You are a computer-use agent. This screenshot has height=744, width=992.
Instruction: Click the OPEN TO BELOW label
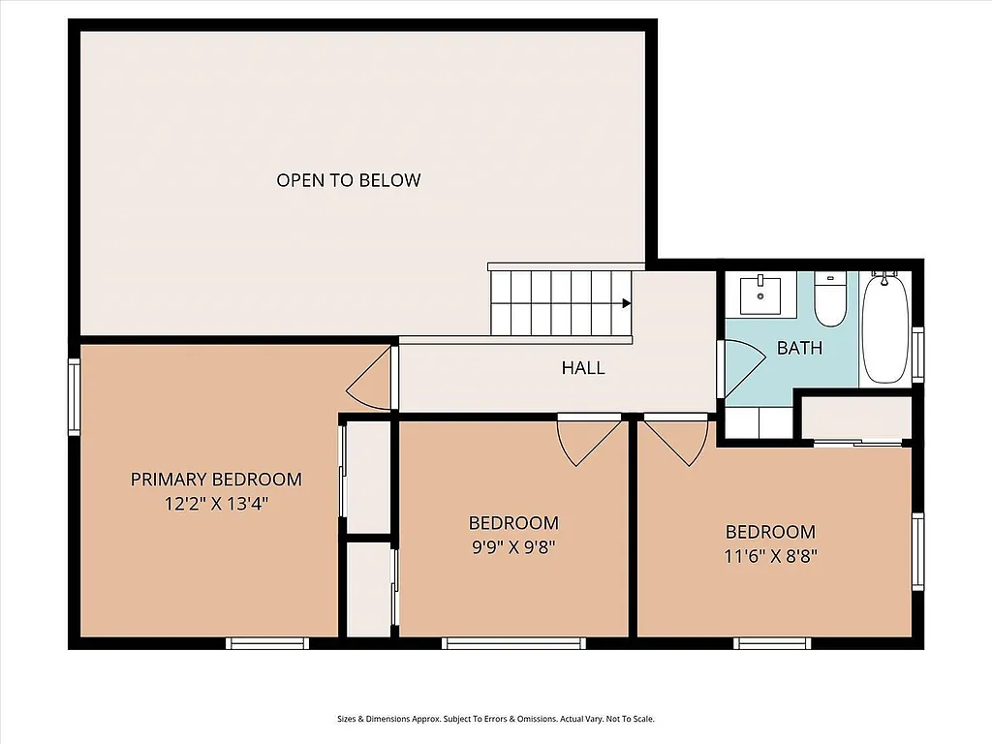pos(349,180)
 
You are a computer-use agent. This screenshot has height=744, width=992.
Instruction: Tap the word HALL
pos(583,368)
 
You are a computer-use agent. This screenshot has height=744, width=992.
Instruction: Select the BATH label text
pos(799,348)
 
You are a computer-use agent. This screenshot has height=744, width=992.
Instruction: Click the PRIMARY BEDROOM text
pos(216,479)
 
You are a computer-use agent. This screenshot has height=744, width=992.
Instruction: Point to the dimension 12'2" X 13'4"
pos(216,504)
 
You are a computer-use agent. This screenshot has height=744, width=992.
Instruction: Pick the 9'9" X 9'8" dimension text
pos(514,546)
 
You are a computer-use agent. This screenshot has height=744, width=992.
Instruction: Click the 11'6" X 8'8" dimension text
pos(770,556)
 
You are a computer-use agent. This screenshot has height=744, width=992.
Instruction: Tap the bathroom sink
pos(760,294)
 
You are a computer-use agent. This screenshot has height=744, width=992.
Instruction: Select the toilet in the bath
pos(829,300)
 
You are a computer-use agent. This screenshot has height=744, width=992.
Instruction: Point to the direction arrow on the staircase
pos(626,303)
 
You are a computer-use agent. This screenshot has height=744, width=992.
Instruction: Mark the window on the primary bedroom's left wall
pos(74,397)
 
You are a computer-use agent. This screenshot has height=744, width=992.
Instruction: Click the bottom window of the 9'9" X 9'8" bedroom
pos(514,642)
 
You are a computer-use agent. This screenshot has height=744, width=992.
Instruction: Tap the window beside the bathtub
pos(918,355)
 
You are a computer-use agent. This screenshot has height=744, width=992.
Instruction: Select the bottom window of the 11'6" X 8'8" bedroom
pos(772,642)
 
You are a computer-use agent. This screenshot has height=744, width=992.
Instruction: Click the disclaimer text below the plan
pos(496,719)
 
